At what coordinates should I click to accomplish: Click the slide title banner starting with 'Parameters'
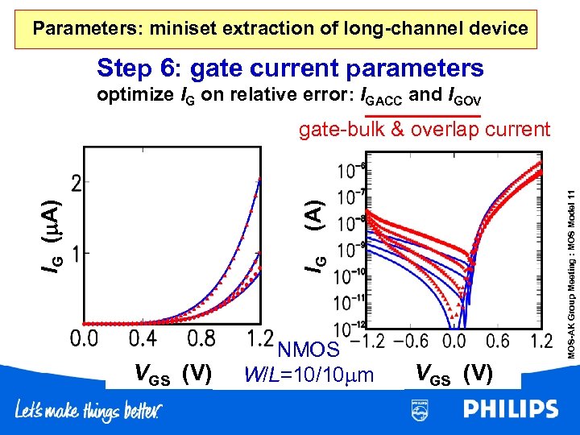[280, 29]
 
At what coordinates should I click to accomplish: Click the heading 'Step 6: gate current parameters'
[290, 68]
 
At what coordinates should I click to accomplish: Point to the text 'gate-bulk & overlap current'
[425, 129]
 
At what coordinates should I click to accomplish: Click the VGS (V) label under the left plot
[172, 374]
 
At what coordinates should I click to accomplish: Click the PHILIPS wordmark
[510, 410]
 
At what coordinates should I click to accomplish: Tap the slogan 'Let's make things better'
[88, 411]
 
